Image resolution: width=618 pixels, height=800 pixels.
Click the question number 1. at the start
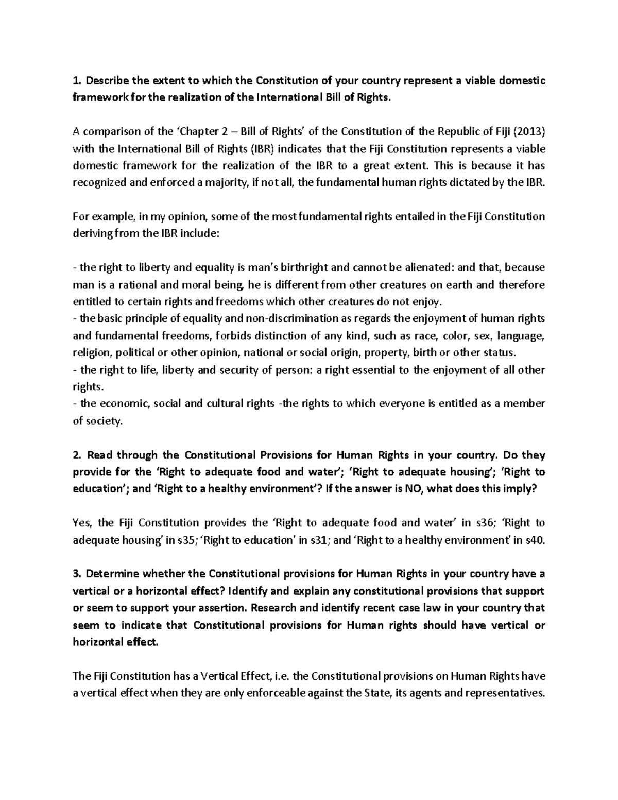[x=77, y=81]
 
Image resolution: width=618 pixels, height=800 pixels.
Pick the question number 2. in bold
[x=77, y=455]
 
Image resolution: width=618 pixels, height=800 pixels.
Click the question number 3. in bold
[x=77, y=574]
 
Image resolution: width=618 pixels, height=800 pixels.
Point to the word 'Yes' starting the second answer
[x=81, y=523]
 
